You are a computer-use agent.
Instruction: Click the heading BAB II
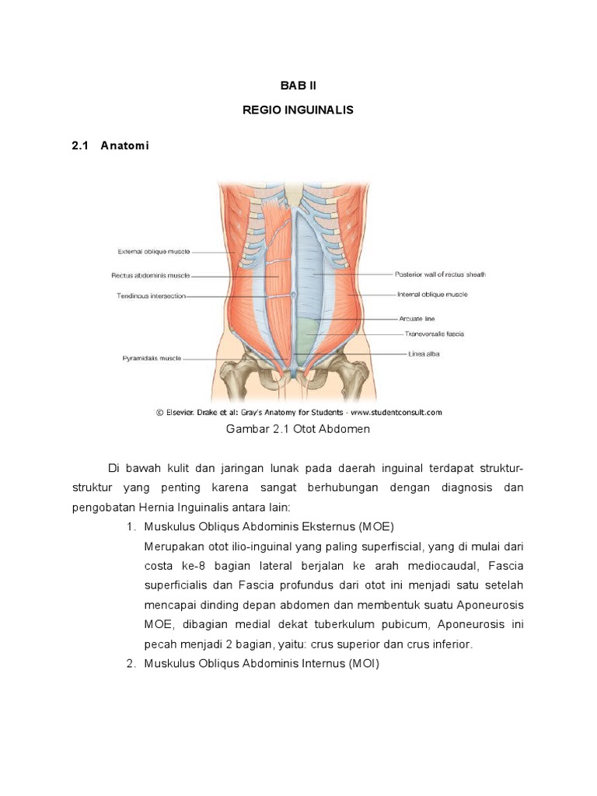tap(298, 86)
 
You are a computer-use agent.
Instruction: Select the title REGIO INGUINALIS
tap(298, 110)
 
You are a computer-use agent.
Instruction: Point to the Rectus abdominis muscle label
tap(150, 274)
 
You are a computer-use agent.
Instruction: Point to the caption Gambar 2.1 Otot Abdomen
tap(298, 429)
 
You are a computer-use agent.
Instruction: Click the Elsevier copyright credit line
tap(298, 412)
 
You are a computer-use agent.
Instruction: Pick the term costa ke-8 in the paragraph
tap(173, 566)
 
